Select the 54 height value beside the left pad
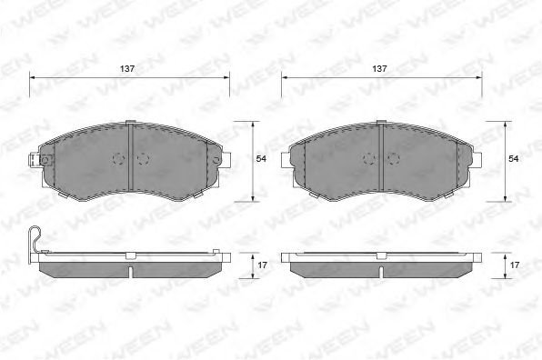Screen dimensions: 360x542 point(261,159)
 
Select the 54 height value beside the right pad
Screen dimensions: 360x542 point(513,159)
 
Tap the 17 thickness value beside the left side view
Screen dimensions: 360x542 point(261,264)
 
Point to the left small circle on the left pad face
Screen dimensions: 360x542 point(117,158)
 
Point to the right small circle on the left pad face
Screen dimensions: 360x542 point(143,158)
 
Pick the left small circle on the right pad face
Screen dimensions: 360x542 point(368,158)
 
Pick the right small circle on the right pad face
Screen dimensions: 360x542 point(394,158)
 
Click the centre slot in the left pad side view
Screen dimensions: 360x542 point(132,271)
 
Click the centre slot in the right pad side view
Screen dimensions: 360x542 point(383,271)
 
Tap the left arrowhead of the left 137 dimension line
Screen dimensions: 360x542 point(35,79)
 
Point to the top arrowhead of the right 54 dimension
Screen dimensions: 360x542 point(506,122)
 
